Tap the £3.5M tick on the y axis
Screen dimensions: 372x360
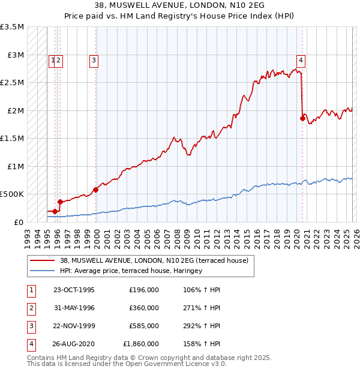tap(13, 27)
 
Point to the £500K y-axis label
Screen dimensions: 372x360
tap(13, 194)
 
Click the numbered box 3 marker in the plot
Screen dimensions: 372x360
tap(95, 59)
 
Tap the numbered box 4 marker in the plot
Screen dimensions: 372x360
tap(300, 59)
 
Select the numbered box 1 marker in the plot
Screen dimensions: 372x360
tap(53, 59)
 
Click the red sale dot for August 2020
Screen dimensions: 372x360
tap(302, 118)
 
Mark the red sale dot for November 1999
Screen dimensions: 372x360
tap(96, 190)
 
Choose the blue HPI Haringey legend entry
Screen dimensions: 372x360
tap(131, 271)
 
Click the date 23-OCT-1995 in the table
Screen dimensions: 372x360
tap(74, 290)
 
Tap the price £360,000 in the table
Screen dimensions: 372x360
tap(144, 308)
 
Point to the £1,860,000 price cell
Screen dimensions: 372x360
tap(141, 344)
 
